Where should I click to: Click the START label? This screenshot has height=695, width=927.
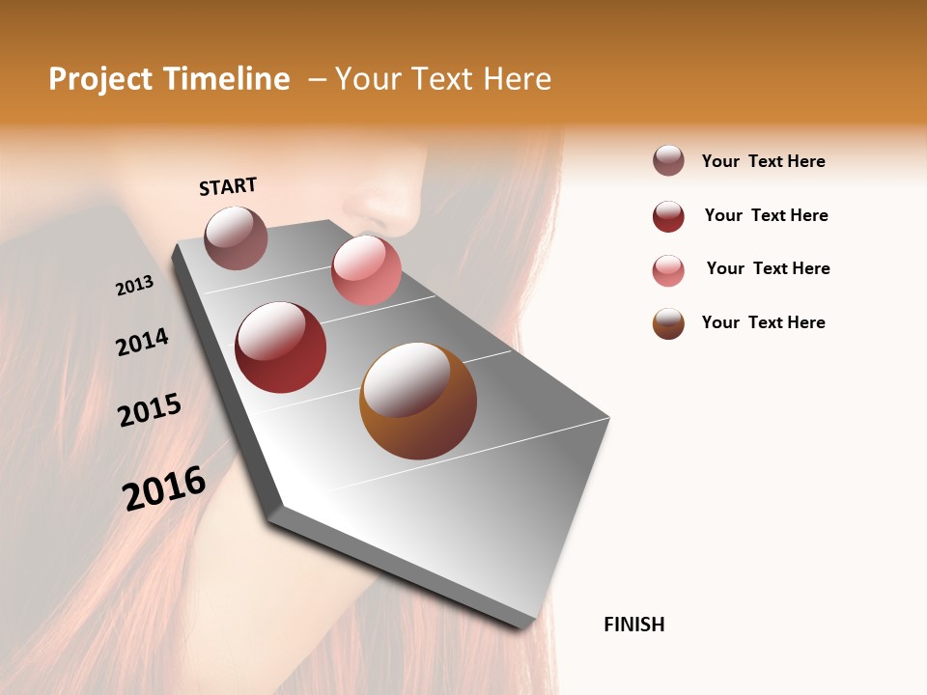click(x=228, y=186)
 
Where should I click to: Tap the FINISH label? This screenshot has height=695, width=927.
click(x=633, y=625)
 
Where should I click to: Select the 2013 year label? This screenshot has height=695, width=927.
click(x=134, y=285)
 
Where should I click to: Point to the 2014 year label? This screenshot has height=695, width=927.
click(x=142, y=342)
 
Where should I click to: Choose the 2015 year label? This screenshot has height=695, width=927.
click(x=150, y=410)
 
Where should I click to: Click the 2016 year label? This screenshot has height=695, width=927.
click(x=164, y=487)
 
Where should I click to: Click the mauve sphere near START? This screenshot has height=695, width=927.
click(x=236, y=237)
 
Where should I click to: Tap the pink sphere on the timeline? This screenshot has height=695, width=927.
click(x=366, y=270)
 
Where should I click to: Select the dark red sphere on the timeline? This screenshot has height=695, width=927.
click(x=280, y=347)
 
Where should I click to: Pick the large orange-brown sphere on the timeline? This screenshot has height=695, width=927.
click(x=417, y=401)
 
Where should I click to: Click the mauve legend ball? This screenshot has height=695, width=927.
click(x=668, y=160)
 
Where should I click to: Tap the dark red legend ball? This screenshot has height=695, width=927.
click(x=668, y=216)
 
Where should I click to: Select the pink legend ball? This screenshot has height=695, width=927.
click(x=668, y=270)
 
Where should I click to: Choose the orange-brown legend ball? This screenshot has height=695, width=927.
click(x=668, y=323)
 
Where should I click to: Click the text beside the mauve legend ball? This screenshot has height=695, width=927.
click(x=763, y=161)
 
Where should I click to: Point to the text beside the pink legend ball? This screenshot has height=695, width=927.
click(x=768, y=268)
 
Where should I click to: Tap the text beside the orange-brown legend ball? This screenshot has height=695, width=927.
click(x=763, y=322)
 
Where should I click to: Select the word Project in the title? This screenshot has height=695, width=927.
click(x=99, y=79)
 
